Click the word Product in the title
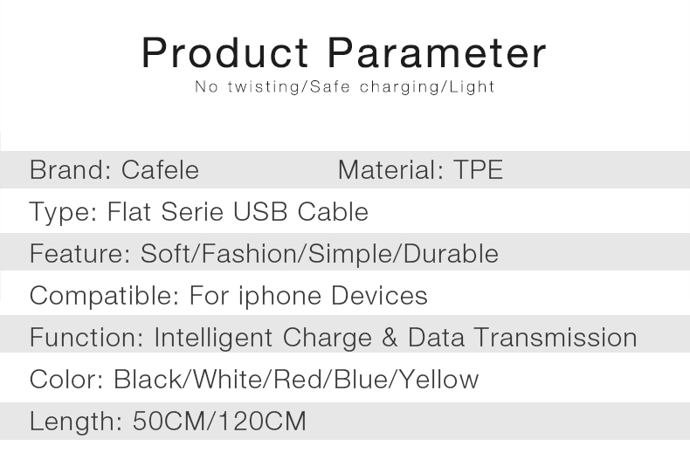224,52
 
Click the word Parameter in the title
437,52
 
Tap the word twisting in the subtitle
264,86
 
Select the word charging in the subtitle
399,86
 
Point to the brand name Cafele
160,169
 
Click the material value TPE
478,169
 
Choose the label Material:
390,169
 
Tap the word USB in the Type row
260,211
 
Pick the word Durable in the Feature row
451,254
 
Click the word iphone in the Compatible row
279,295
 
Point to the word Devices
379,295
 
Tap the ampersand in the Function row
390,338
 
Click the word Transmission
555,338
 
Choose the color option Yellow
439,380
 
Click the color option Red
298,380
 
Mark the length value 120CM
262,422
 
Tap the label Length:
76,422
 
